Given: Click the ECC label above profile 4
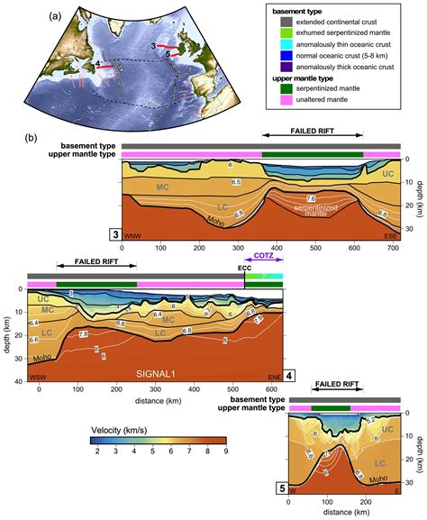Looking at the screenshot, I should click(x=244, y=267).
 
